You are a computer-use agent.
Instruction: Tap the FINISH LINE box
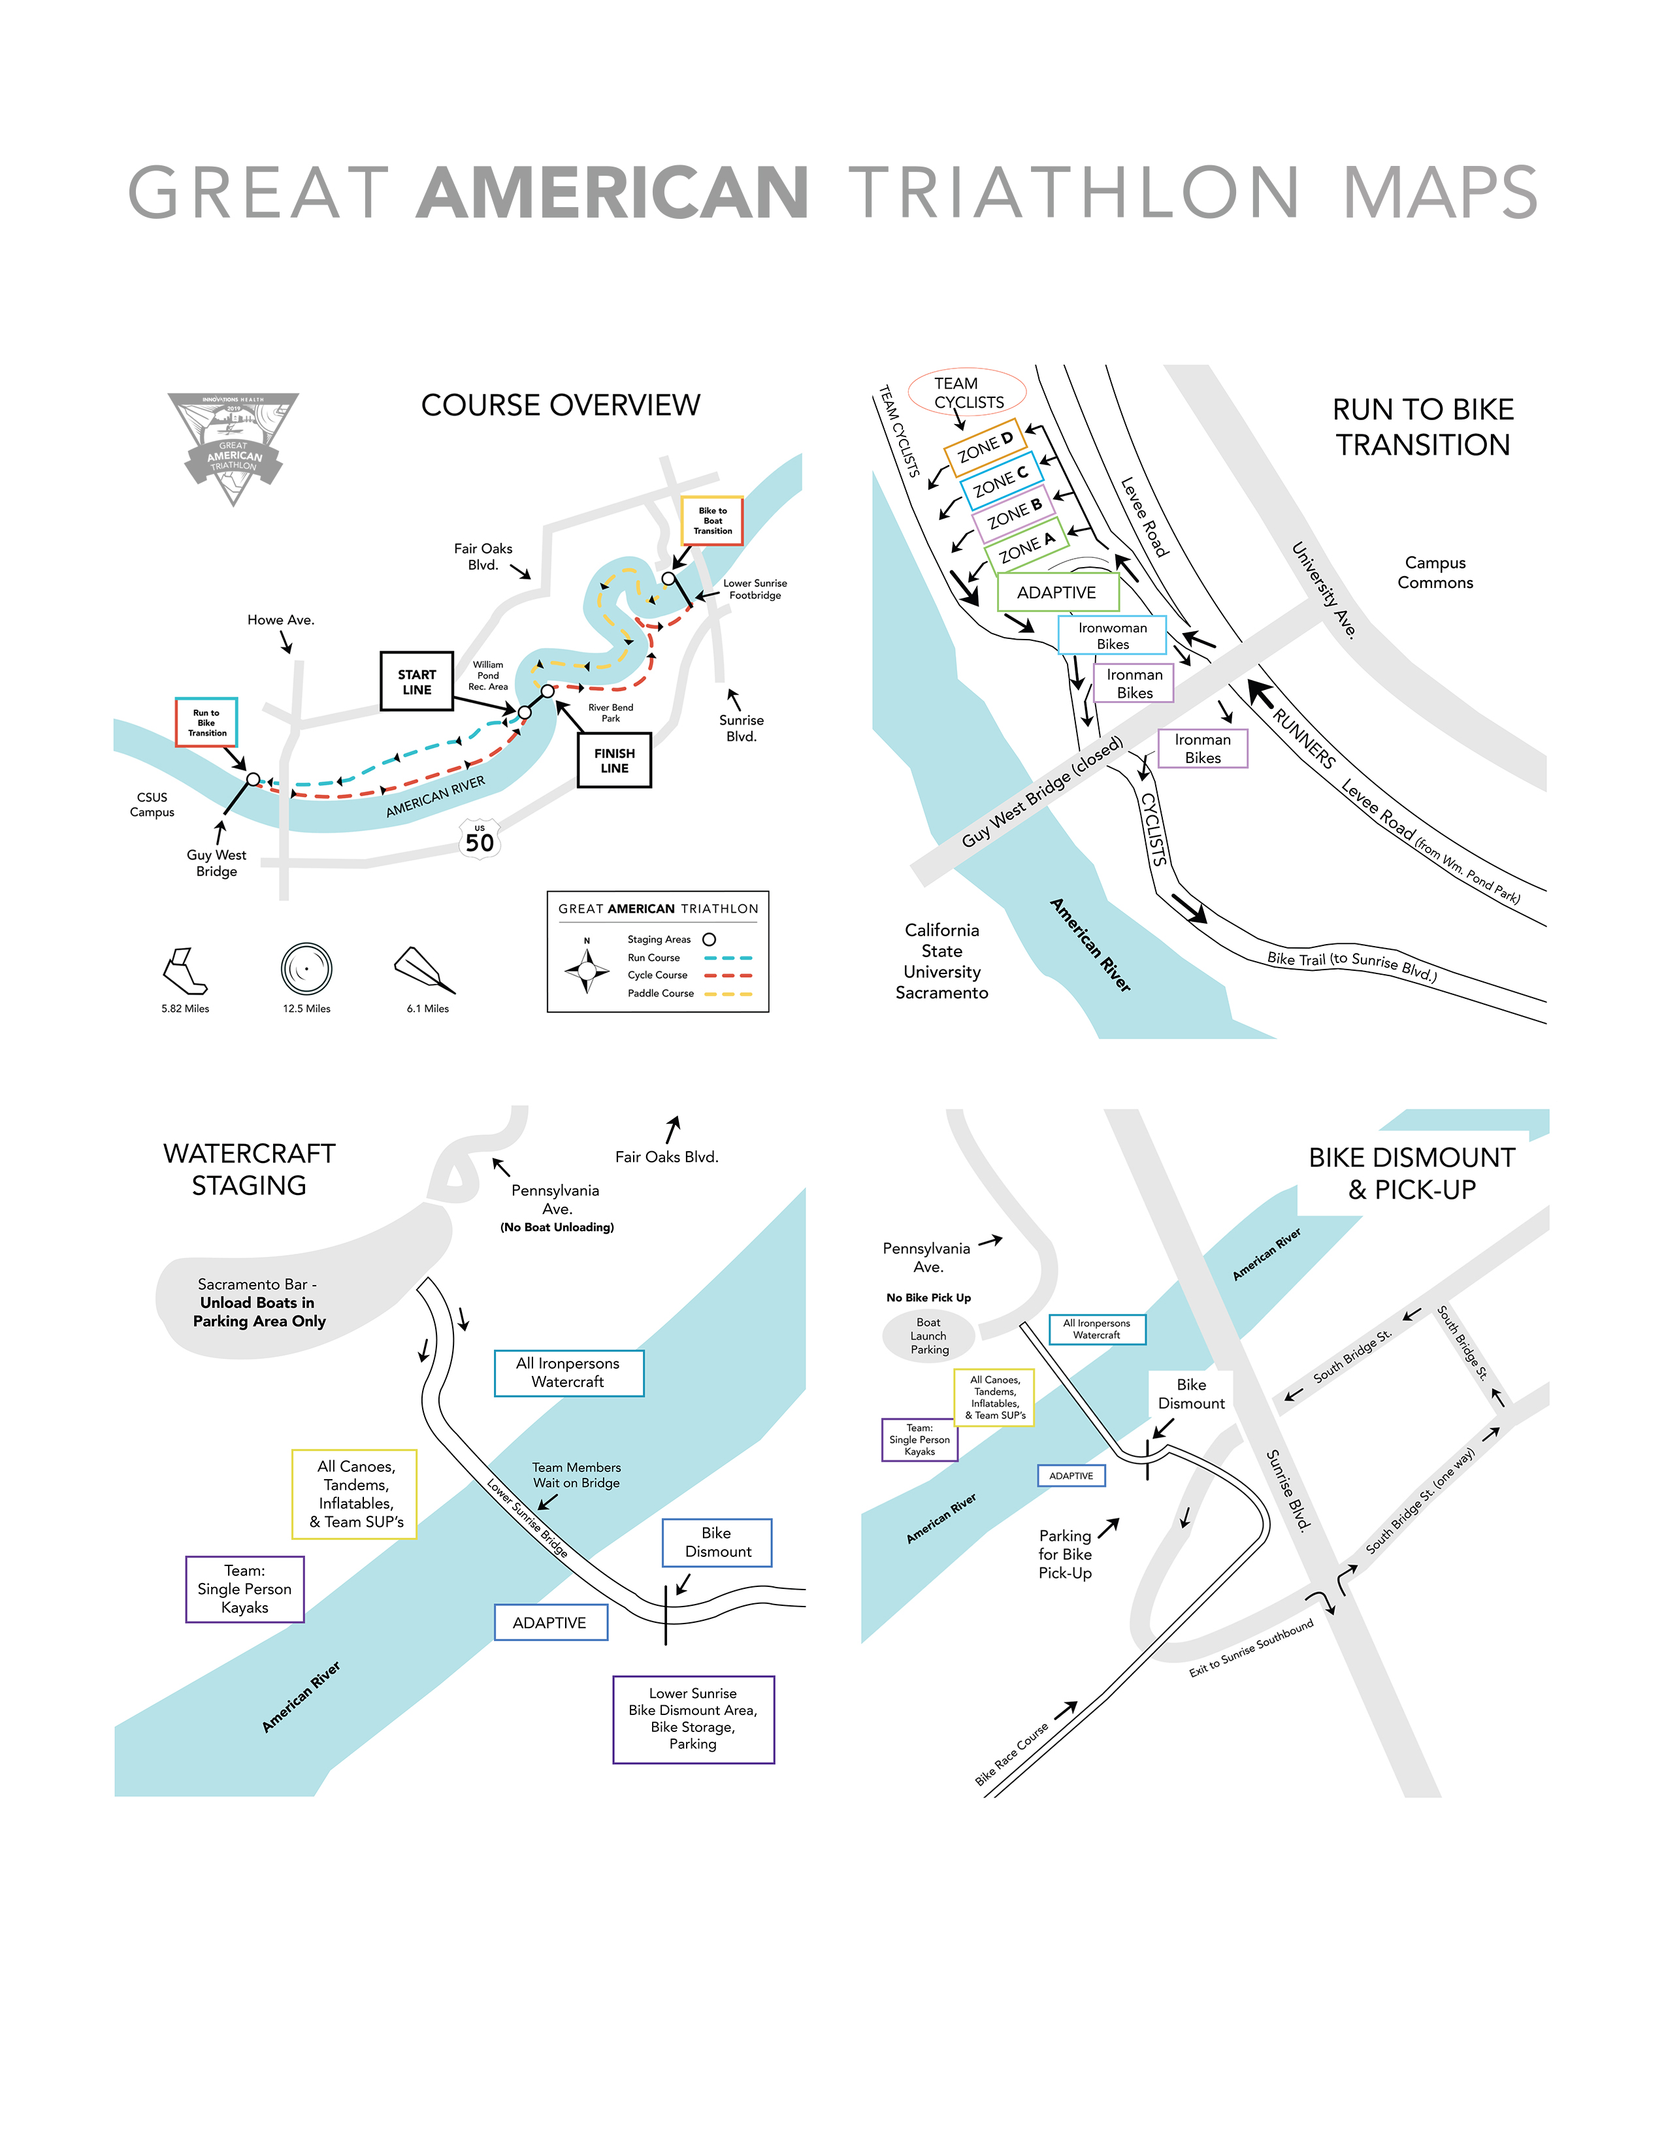point(614,760)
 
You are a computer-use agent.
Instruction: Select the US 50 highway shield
point(480,839)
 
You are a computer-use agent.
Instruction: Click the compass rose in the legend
point(587,970)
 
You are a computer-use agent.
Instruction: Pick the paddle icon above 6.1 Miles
point(425,970)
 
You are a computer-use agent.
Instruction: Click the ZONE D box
point(985,447)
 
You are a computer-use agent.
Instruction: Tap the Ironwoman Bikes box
point(1113,636)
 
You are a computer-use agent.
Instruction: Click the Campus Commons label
point(1435,572)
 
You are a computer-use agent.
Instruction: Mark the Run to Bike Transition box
point(206,723)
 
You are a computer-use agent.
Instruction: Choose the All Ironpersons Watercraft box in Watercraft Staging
point(568,1372)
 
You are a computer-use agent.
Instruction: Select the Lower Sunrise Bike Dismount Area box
point(693,1719)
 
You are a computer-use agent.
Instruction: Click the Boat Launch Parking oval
point(929,1335)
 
